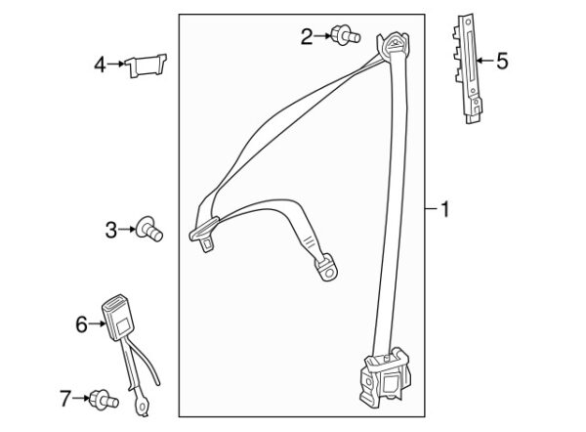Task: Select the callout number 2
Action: pos(307,37)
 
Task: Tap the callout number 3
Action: pos(110,230)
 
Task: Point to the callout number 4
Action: pos(99,65)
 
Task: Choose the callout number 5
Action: pos(502,62)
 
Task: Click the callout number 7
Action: pos(65,397)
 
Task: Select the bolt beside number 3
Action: pos(150,229)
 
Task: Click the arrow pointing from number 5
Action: pos(482,62)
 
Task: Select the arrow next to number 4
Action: pos(119,65)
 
